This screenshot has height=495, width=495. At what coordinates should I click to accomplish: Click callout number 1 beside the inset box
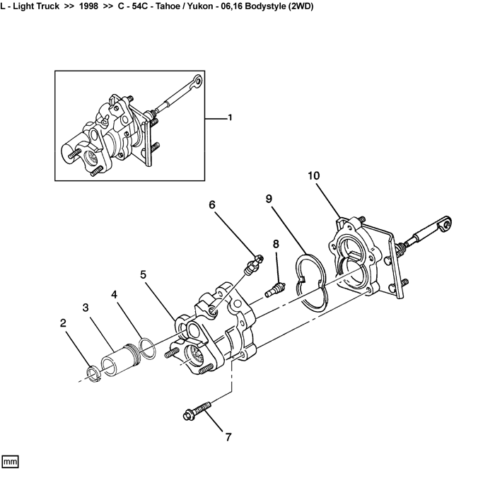click(x=229, y=118)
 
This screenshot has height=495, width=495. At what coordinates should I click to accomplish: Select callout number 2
click(x=63, y=323)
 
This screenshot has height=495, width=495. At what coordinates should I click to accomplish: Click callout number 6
click(x=211, y=205)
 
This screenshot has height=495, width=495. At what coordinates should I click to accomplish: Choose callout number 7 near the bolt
click(x=228, y=437)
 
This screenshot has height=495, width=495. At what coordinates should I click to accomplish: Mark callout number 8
click(x=276, y=243)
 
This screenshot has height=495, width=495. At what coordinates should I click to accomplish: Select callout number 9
click(x=269, y=199)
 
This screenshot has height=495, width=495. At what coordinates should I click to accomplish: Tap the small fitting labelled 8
click(x=275, y=289)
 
